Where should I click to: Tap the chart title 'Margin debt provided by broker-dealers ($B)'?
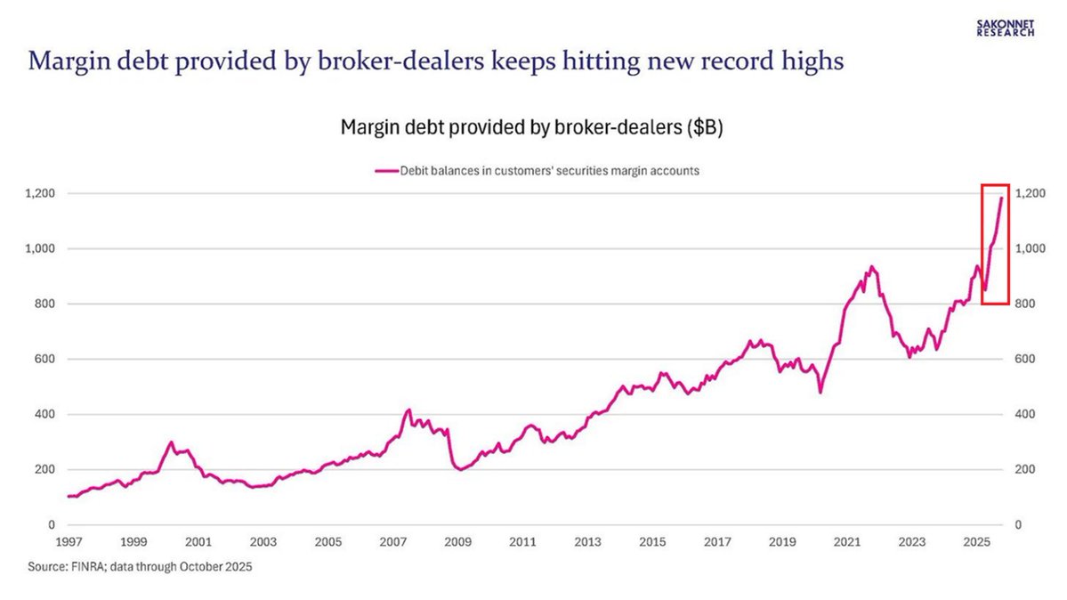pyautogui.click(x=532, y=126)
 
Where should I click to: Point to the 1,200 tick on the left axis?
pyautogui.click(x=39, y=193)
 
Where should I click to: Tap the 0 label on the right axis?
pyautogui.click(x=1018, y=524)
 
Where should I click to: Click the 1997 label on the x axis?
pyautogui.click(x=68, y=541)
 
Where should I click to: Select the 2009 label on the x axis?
pyautogui.click(x=457, y=541)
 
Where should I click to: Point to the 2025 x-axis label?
pyautogui.click(x=977, y=541)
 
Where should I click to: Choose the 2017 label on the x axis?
pyautogui.click(x=717, y=541)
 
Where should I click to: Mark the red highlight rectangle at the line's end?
pyautogui.click(x=994, y=243)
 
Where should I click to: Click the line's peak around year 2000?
pyautogui.click(x=171, y=442)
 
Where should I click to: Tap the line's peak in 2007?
pyautogui.click(x=408, y=409)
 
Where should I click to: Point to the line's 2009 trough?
pyautogui.click(x=459, y=470)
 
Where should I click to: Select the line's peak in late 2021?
pyautogui.click(x=871, y=266)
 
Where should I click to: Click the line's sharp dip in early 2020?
pyautogui.click(x=820, y=392)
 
